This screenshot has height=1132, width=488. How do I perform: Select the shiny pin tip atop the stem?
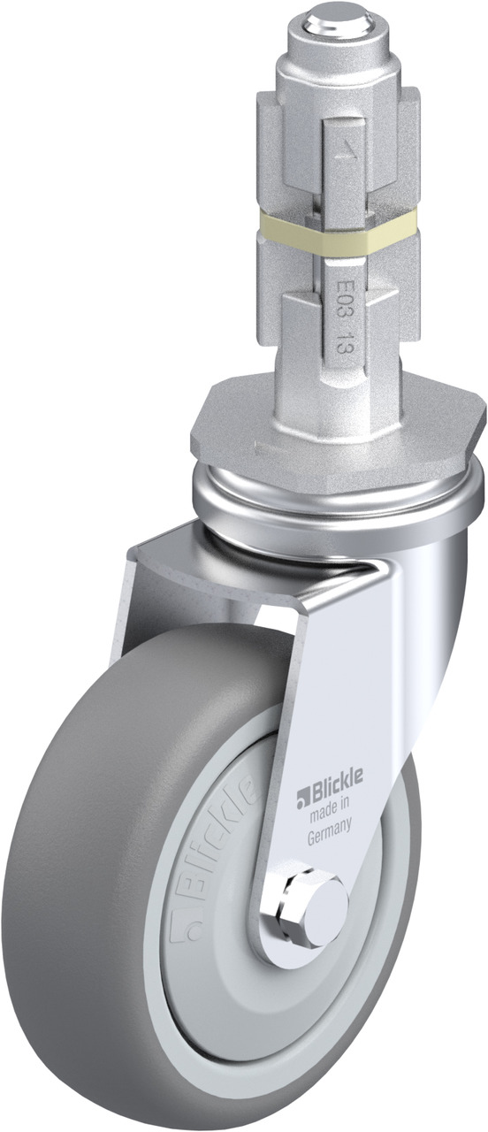tap(340, 23)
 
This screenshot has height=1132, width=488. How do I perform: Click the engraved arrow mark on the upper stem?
tap(346, 150)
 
